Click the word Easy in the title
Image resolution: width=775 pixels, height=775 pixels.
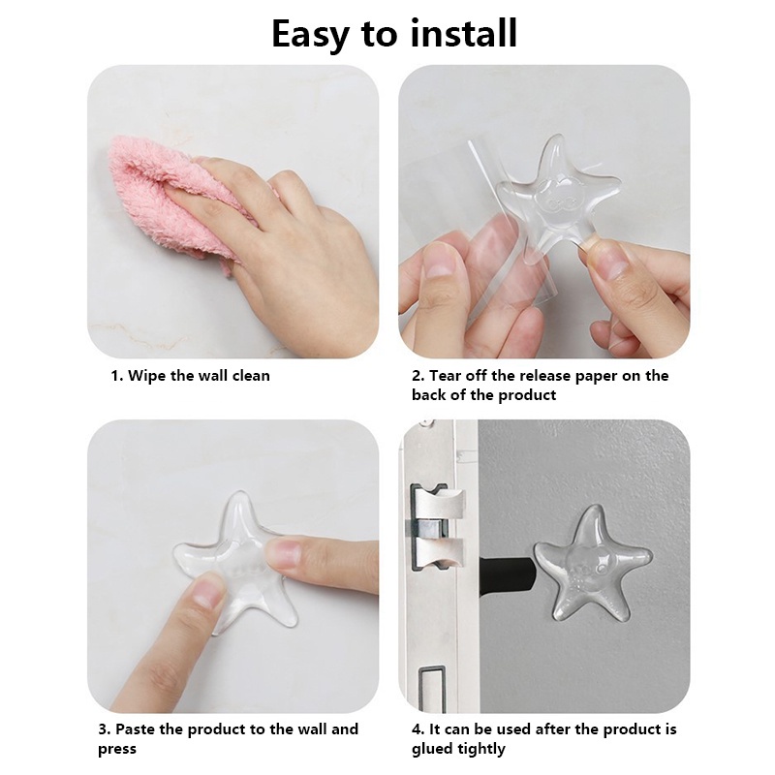pyautogui.click(x=310, y=35)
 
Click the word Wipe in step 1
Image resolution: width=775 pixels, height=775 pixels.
pyautogui.click(x=147, y=376)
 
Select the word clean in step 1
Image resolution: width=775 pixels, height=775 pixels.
pyautogui.click(x=251, y=376)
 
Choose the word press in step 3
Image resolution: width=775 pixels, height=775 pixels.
pyautogui.click(x=116, y=750)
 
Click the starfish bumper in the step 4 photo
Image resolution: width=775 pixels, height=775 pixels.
pyautogui.click(x=592, y=564)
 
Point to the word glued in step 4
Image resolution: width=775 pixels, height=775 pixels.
pyautogui.click(x=433, y=749)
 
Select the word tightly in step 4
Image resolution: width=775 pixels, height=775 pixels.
pyautogui.click(x=482, y=749)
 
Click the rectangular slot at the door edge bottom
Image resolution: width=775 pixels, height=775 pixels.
pyautogui.click(x=432, y=689)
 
